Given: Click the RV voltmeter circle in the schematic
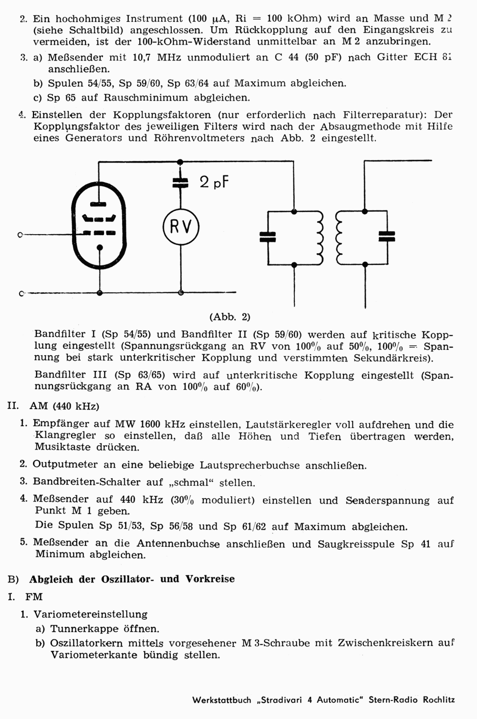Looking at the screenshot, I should (x=180, y=227).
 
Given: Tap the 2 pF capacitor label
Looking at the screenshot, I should (x=214, y=182).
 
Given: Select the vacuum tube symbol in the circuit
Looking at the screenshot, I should (x=99, y=226).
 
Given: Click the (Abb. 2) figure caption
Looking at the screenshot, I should (x=229, y=317).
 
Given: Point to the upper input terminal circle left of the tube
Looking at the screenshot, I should (x=20, y=234).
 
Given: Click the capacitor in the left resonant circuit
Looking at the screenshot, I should (x=268, y=236).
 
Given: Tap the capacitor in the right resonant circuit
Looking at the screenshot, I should (x=386, y=236).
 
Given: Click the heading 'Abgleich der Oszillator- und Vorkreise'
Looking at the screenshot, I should (x=132, y=579).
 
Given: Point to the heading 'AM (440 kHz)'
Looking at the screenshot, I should (x=64, y=406).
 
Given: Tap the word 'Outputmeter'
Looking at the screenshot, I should (x=60, y=465).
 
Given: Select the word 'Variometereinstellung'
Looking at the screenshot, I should (x=90, y=614).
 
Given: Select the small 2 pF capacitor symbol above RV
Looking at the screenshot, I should (x=180, y=183).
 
